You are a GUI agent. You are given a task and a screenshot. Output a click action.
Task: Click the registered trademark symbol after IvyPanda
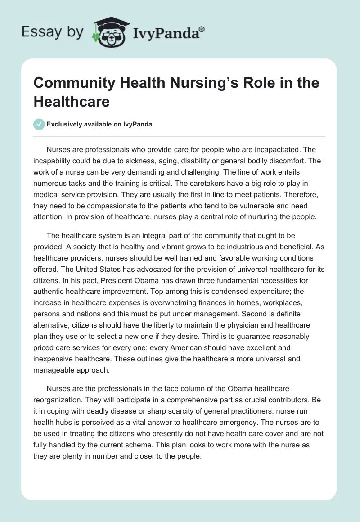(x=202, y=29)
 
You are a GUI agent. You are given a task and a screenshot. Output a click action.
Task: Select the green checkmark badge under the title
(x=39, y=124)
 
